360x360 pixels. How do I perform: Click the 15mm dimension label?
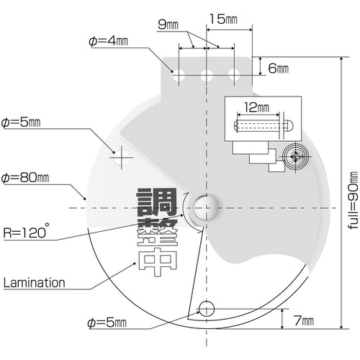click(x=223, y=19)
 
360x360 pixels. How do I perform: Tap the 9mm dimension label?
click(x=168, y=24)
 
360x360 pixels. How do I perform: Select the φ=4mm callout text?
click(x=108, y=41)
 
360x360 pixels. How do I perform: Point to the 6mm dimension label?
click(x=278, y=68)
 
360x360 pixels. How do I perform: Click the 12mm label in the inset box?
click(x=256, y=107)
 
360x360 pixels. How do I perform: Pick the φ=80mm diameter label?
click(x=25, y=178)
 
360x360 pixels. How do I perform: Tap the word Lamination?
click(x=35, y=283)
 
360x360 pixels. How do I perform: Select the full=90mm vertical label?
click(x=353, y=200)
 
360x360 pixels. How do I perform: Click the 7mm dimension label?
click(x=304, y=320)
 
